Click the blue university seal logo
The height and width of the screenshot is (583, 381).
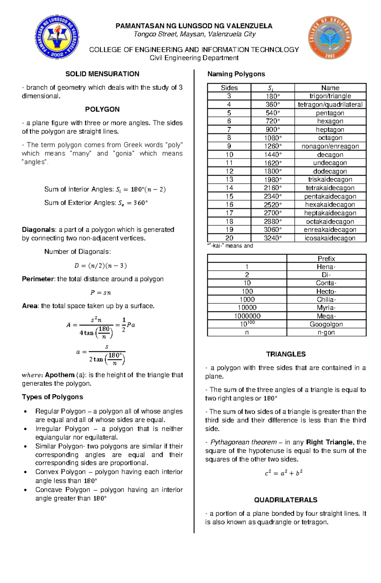pos(57,37)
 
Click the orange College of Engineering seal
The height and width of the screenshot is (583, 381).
pos(330,37)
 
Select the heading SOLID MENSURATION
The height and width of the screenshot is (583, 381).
pos(102,74)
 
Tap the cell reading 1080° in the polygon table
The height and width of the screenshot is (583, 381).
pos(273,138)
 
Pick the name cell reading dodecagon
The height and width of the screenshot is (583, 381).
pos(330,171)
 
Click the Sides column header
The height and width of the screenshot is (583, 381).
pos(229,88)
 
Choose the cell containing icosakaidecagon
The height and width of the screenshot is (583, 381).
pos(330,238)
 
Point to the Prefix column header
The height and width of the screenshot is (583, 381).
pos(326,258)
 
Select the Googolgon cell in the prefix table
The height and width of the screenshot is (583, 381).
pos(326,324)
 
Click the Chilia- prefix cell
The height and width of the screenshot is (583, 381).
pos(326,299)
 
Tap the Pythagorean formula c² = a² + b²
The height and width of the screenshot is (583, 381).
pos(284,473)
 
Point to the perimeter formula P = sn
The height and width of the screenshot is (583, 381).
pos(101,293)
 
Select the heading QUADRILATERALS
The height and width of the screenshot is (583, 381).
pos(285,500)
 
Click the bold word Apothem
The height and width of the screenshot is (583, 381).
pos(60,375)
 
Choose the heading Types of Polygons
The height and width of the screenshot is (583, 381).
pos(52,397)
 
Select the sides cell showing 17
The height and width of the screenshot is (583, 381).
pos(229,213)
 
